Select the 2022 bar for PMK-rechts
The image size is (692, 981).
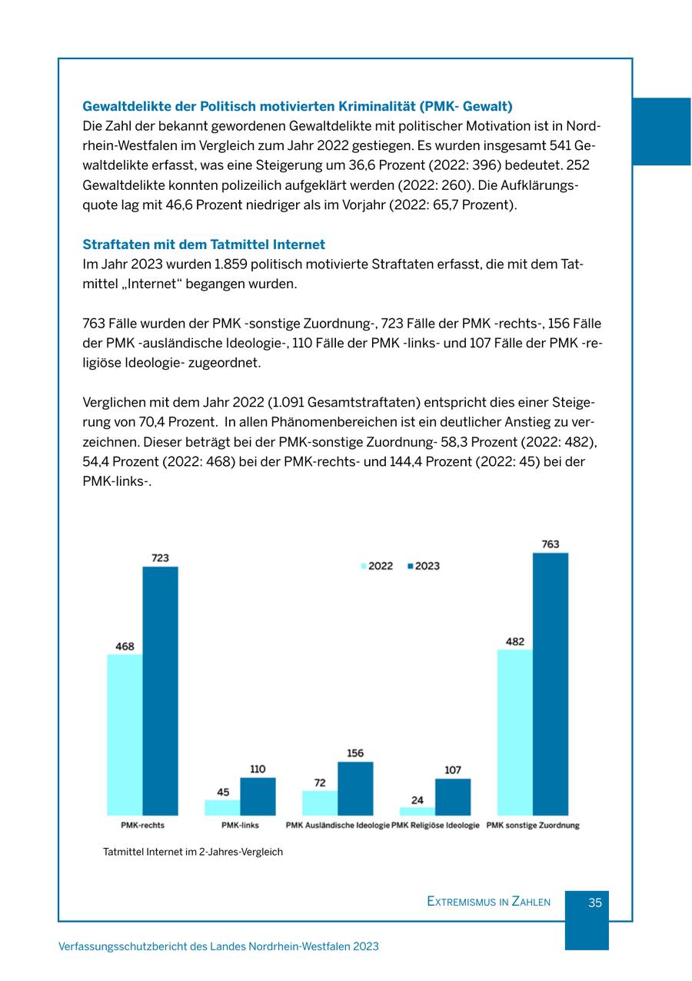125,734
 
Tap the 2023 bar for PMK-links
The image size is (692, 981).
258,796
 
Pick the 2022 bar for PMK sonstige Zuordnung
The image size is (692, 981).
515,732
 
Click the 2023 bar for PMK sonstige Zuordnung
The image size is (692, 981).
551,683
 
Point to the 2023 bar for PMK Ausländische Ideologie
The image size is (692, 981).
355,789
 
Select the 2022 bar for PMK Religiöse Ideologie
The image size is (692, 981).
418,811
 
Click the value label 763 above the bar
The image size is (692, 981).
551,544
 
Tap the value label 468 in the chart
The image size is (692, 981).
125,647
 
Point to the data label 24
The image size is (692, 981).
418,800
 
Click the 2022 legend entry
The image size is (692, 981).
377,566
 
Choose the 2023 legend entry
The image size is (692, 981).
424,566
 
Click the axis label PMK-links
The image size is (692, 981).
240,826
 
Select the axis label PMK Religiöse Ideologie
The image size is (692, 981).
435,826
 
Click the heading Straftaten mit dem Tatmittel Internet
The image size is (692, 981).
204,244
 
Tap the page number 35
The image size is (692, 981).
595,903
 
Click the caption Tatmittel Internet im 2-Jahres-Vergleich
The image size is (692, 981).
193,852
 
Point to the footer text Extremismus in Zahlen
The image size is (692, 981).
489,902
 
